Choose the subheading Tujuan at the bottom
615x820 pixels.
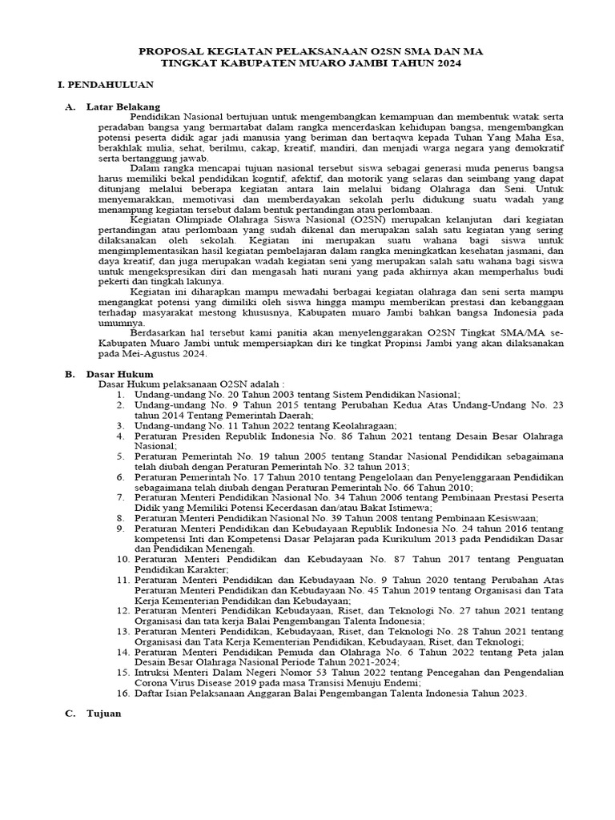click(104, 714)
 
